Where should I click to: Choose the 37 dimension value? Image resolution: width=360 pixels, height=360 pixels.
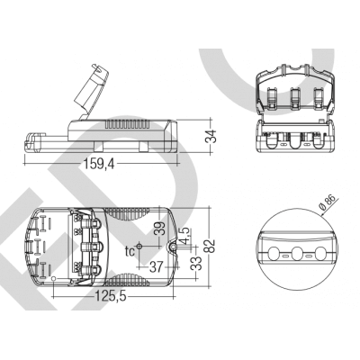tap(156, 265)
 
